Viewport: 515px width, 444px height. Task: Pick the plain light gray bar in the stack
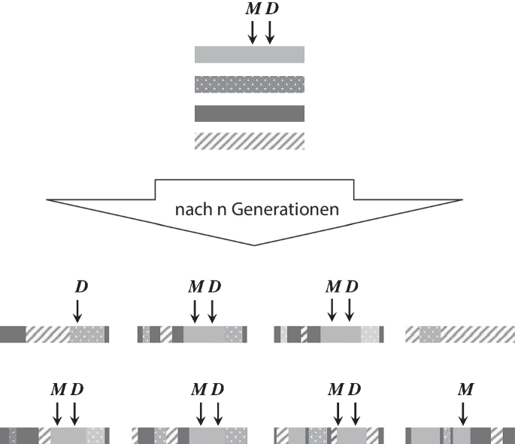point(249,54)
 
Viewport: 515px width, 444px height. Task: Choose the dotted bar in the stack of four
point(249,84)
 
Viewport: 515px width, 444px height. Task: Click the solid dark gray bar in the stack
point(249,113)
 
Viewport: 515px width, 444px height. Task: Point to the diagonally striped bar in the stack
point(249,141)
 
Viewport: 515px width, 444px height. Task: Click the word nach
point(188,211)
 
